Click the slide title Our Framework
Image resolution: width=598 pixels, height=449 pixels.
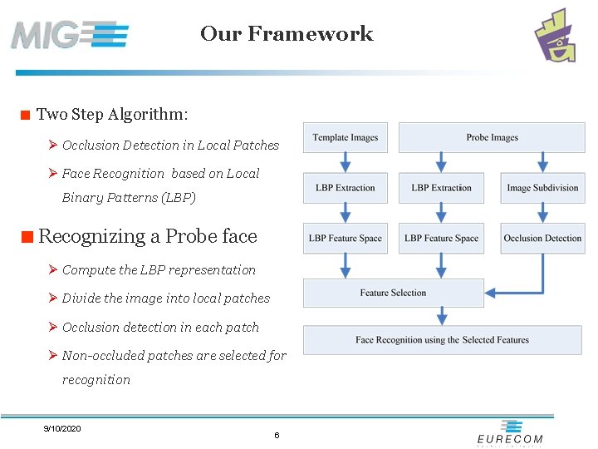coord(287,34)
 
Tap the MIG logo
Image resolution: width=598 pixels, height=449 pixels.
coord(70,35)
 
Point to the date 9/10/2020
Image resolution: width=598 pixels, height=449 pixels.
coord(62,428)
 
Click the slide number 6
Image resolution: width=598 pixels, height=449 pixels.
coord(277,436)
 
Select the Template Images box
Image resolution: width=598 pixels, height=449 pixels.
coord(346,138)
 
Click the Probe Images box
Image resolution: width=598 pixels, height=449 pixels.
coord(492,138)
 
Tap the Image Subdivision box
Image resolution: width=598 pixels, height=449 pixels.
coord(542,188)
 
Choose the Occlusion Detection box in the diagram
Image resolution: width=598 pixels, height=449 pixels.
coord(542,239)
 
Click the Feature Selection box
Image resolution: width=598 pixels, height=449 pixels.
coord(393,293)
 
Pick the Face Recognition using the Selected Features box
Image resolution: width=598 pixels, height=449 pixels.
coord(442,339)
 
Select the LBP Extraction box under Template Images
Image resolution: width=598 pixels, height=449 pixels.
coord(346,188)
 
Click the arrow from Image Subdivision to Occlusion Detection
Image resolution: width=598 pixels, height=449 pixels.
coord(543,213)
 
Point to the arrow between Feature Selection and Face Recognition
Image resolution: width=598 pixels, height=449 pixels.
coord(442,316)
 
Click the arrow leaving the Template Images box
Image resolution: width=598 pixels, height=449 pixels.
coord(346,162)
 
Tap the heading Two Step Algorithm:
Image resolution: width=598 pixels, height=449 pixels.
coord(112,114)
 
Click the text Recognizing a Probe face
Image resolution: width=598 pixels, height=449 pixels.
coord(148,236)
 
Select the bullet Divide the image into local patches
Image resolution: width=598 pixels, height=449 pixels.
coord(166,299)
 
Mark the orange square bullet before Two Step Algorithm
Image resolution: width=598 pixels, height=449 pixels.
coord(26,115)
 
